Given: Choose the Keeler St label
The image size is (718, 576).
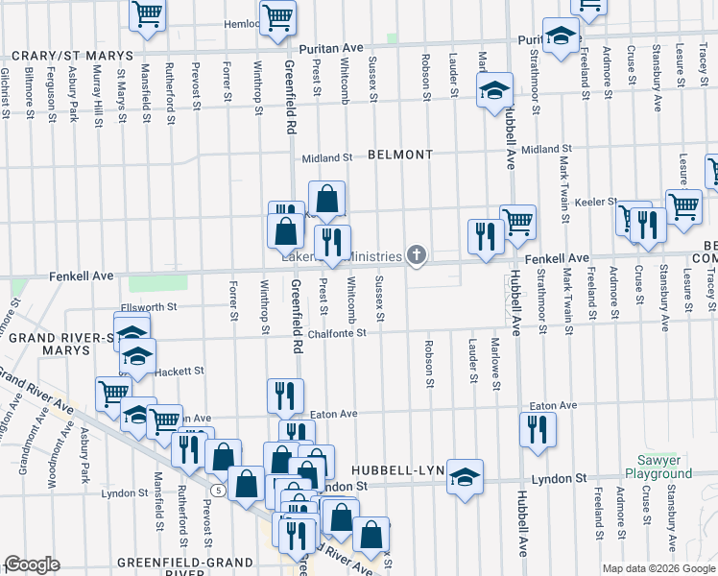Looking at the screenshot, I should (595, 203).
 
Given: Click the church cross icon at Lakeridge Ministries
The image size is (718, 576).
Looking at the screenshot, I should (416, 254).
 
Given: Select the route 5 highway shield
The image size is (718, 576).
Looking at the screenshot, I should (220, 490).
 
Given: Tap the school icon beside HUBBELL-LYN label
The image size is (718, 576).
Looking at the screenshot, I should (466, 476).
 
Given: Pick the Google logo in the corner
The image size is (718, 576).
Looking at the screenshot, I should (32, 564).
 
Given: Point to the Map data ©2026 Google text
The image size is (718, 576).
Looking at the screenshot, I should (658, 568).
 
